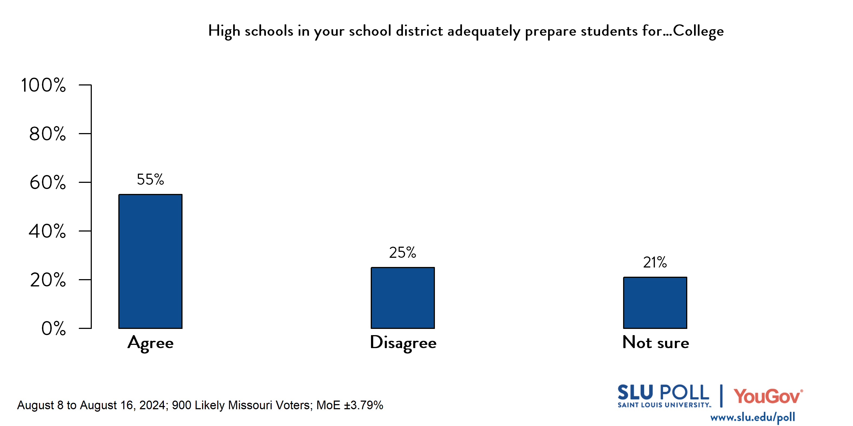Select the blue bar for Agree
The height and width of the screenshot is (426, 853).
150,261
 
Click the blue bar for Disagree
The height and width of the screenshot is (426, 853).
403,298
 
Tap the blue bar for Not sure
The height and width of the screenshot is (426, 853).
655,303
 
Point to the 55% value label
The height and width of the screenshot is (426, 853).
150,180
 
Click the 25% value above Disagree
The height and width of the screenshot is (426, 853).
402,253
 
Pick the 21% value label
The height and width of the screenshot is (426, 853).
655,262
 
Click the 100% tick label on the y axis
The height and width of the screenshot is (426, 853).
43,85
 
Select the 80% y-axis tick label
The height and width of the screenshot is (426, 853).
47,134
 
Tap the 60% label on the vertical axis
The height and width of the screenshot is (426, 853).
47,183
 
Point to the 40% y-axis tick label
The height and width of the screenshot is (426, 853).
47,231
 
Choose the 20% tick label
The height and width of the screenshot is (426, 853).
48,280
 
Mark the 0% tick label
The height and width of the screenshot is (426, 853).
53,328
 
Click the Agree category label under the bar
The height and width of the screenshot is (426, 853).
150,343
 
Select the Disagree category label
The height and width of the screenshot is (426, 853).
403,343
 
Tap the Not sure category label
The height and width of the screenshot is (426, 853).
656,342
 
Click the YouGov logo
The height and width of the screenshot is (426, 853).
768,396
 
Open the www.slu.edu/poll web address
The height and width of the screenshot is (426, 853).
752,417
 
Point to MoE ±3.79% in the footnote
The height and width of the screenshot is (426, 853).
350,405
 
